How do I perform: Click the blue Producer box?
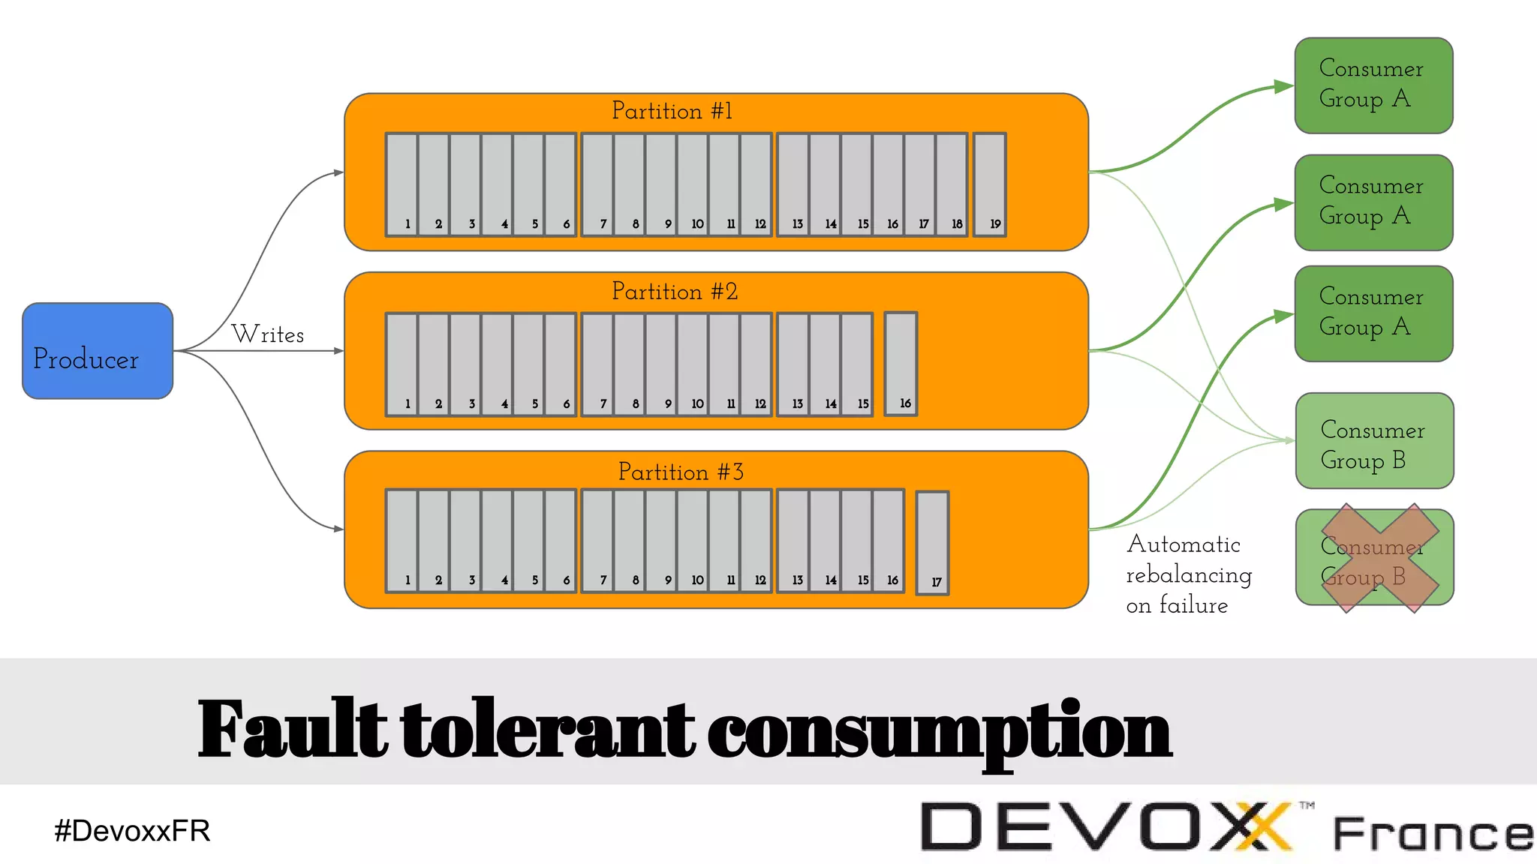(x=98, y=351)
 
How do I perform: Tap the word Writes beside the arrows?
(x=268, y=334)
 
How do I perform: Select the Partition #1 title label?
(x=672, y=111)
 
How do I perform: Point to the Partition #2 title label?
(x=675, y=291)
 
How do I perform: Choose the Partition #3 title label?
(x=681, y=472)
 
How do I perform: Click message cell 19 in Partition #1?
(x=989, y=184)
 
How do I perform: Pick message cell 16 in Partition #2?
(x=901, y=364)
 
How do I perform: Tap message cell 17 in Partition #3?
(x=933, y=543)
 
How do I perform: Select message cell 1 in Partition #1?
(x=402, y=184)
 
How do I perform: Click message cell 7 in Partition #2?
(x=597, y=364)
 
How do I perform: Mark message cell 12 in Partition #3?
(x=756, y=541)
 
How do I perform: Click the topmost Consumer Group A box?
(x=1373, y=85)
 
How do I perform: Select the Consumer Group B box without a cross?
(x=1374, y=441)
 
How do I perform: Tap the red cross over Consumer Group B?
(x=1379, y=558)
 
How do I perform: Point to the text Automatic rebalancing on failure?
(x=1188, y=574)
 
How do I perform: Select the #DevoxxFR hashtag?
(x=132, y=831)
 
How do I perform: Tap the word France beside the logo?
(x=1432, y=834)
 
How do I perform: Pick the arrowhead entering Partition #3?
(x=338, y=529)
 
